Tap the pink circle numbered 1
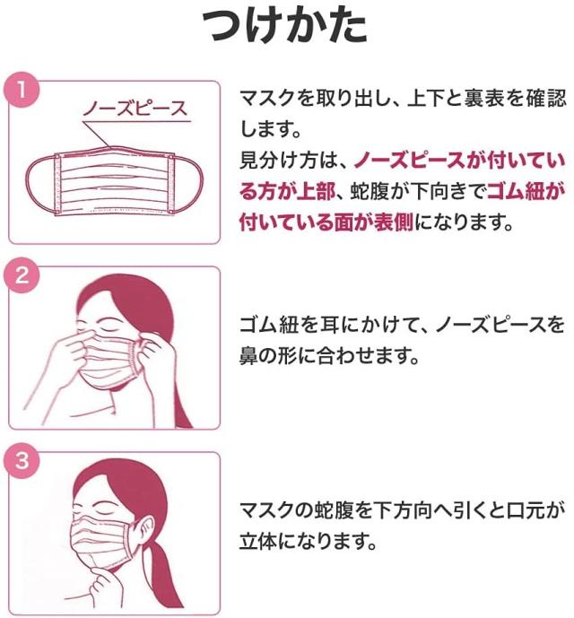pos(20,91)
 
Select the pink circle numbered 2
pos(20,275)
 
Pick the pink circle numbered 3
pos(20,461)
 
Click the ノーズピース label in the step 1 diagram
pos(135,109)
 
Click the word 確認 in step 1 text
pos(542,99)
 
